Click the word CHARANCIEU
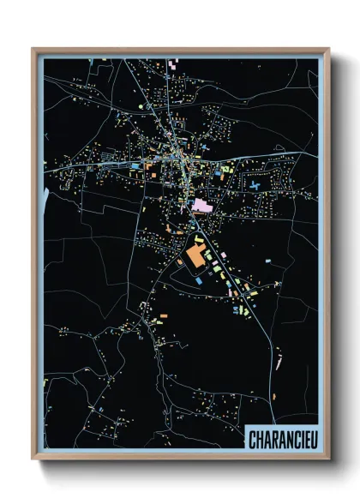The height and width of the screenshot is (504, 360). [x=280, y=441]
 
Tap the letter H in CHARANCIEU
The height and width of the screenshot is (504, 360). [x=258, y=441]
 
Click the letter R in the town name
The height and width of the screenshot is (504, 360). [x=274, y=441]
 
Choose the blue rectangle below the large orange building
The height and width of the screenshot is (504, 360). [x=198, y=279]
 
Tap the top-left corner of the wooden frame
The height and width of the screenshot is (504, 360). [x=33, y=49]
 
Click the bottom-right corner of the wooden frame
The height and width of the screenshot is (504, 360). [x=328, y=460]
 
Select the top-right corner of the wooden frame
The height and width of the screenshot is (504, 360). [x=328, y=49]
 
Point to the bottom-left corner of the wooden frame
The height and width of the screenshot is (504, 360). [x=33, y=460]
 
